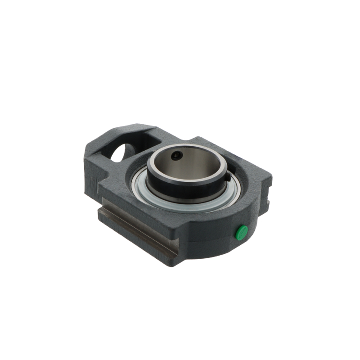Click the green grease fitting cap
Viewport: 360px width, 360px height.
[x=242, y=232]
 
